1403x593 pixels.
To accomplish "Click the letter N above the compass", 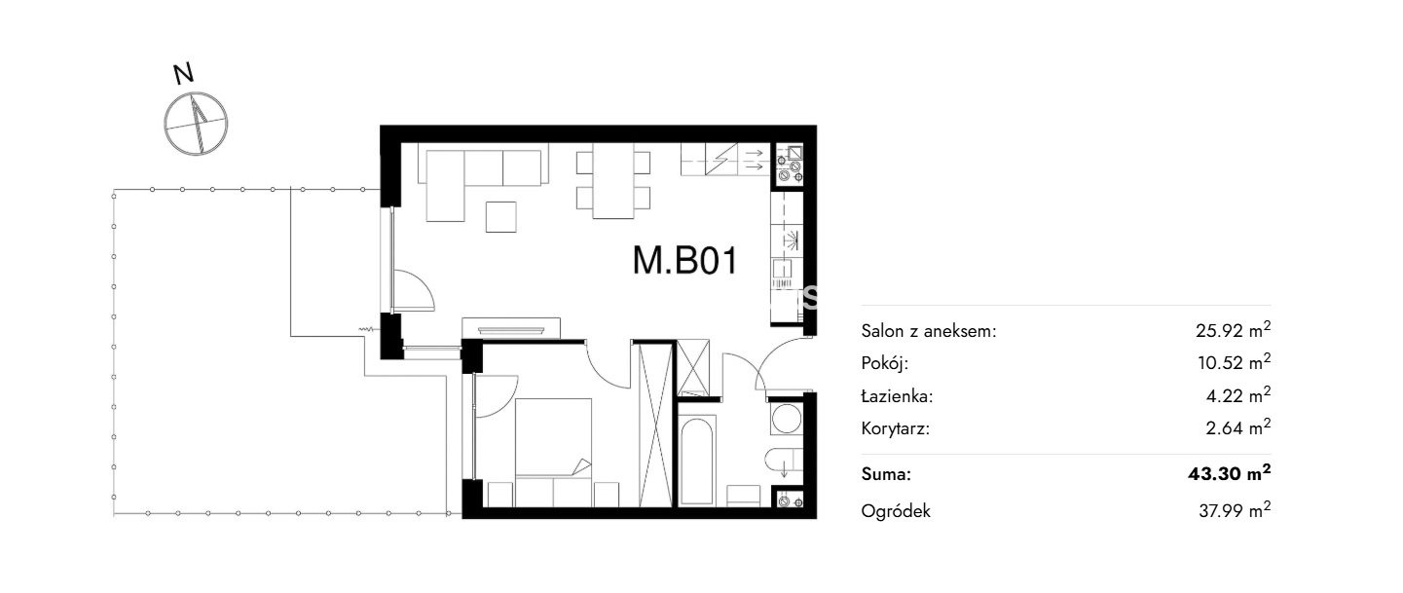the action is tap(183, 74).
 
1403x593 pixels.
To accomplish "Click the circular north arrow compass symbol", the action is tap(196, 124).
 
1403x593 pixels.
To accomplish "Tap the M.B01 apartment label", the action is tap(685, 261).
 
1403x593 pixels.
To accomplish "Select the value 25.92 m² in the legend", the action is tap(1233, 330).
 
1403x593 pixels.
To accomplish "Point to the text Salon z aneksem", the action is tap(928, 331).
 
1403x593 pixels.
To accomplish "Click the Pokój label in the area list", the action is tap(884, 363).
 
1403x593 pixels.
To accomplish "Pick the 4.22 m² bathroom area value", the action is tap(1238, 395).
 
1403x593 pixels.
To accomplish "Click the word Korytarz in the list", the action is tap(895, 429).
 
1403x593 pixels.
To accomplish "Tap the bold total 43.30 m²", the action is tap(1229, 473).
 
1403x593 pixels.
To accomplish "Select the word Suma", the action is tap(886, 474).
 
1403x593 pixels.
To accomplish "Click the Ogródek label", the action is tap(896, 511).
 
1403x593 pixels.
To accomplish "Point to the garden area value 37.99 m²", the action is tap(1235, 510).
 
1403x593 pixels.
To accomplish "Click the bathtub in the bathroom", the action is tap(696, 459).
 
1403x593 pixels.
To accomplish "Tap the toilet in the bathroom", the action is tap(783, 461).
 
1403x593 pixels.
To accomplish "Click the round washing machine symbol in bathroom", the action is tap(786, 419).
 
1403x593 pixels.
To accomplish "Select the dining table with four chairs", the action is tap(613, 180).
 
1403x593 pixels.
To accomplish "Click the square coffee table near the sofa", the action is tap(501, 217).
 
